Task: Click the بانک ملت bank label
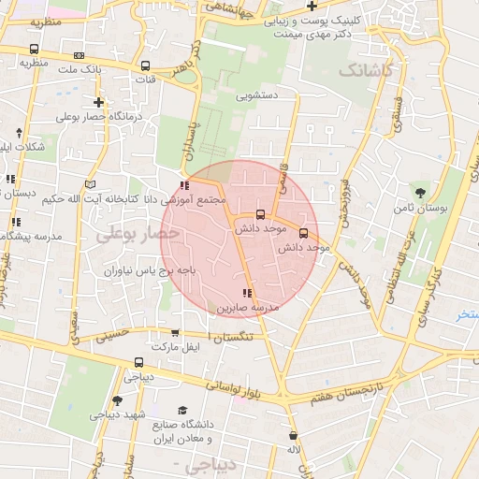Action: point(80,70)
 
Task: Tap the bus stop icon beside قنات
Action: point(145,66)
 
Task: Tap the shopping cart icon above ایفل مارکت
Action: point(175,333)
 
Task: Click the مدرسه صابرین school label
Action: point(249,307)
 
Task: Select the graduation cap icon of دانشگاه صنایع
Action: point(182,410)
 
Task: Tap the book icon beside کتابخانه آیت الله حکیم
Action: point(91,183)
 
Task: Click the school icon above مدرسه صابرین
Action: point(247,293)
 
